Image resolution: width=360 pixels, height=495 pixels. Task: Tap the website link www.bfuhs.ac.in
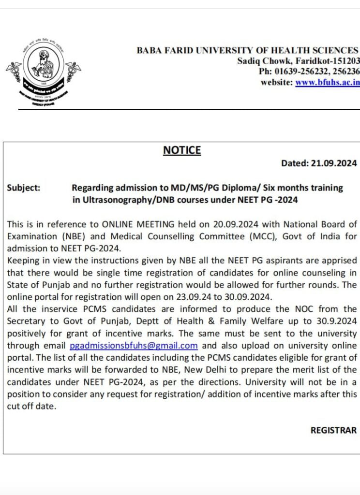point(328,82)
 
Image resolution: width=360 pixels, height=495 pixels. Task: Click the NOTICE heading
point(182,150)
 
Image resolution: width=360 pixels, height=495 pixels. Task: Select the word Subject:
point(24,188)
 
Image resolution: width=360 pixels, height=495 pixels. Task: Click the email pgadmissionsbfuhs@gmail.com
point(134,346)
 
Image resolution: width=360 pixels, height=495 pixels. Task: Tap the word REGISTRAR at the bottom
point(333,430)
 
